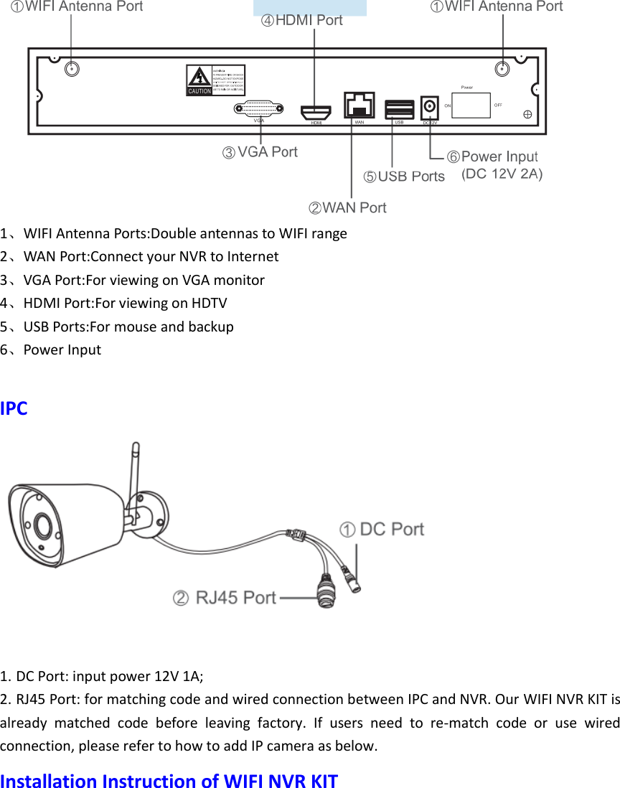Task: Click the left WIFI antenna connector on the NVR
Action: click(x=72, y=69)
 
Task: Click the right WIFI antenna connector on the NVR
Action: click(x=503, y=69)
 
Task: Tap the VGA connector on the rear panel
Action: click(x=259, y=109)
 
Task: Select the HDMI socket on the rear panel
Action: click(x=316, y=112)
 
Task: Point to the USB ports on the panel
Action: click(x=400, y=108)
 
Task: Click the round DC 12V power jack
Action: click(x=429, y=107)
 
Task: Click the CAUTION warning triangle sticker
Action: click(x=199, y=80)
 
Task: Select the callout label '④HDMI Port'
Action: click(x=301, y=20)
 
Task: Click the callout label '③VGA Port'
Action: click(x=259, y=152)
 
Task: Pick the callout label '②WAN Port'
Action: click(x=347, y=208)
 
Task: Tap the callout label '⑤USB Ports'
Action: click(x=403, y=177)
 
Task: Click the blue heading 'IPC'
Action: click(x=14, y=408)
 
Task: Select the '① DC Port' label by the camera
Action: click(x=381, y=530)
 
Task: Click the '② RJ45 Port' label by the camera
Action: click(x=224, y=597)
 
